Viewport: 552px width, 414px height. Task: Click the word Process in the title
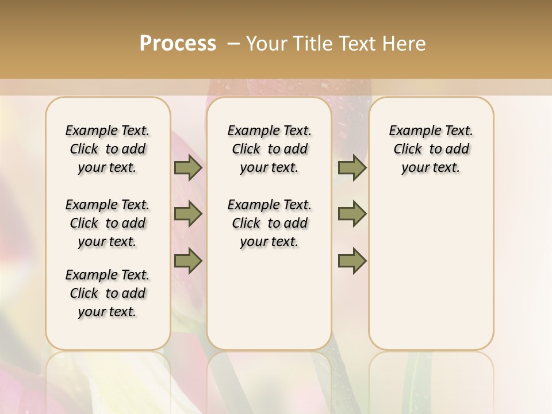click(x=178, y=44)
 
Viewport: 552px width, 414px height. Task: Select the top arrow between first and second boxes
click(x=188, y=167)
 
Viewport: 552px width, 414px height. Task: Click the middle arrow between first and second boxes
click(x=188, y=214)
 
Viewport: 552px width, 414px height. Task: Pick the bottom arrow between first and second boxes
click(x=188, y=260)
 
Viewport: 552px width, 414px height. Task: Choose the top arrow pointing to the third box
click(x=352, y=167)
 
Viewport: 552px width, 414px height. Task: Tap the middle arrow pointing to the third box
click(x=352, y=214)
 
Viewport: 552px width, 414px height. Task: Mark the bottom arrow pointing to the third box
click(x=352, y=260)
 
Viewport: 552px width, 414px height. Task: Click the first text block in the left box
click(x=108, y=149)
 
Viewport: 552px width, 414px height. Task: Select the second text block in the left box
click(x=108, y=223)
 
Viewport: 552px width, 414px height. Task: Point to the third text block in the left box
click(x=108, y=293)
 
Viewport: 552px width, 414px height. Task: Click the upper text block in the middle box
click(x=269, y=149)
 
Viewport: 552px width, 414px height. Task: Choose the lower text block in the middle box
click(x=269, y=223)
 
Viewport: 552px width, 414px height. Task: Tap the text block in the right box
click(x=431, y=149)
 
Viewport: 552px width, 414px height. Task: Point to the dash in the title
click(x=233, y=44)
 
